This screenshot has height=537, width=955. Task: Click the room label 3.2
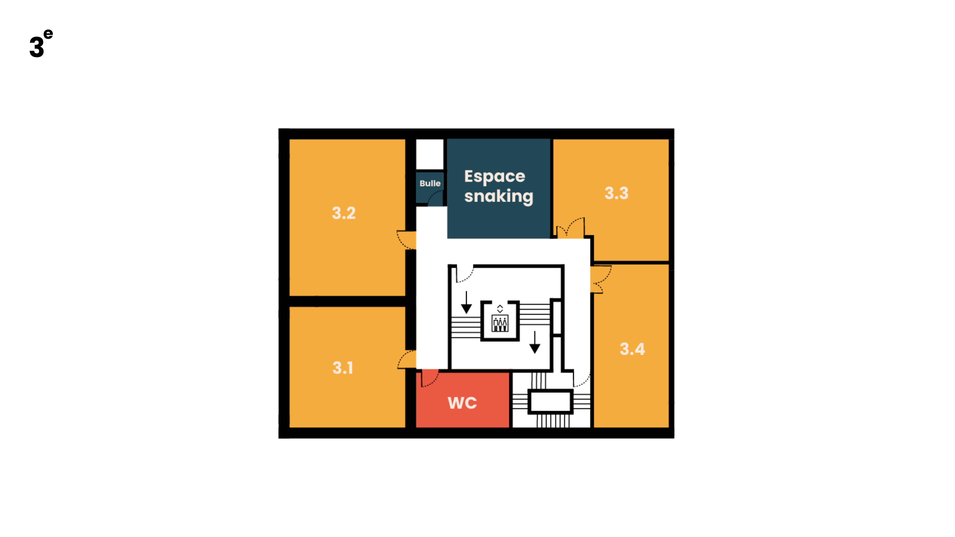(344, 213)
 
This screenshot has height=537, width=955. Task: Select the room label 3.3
(616, 193)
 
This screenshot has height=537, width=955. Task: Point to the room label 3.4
(632, 349)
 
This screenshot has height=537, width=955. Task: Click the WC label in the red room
(462, 403)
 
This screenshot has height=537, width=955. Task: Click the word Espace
(495, 177)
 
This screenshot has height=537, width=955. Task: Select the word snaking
(499, 196)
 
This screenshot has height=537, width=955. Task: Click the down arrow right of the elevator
(535, 342)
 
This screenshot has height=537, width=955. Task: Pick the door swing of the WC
(430, 378)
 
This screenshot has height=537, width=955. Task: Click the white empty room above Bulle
(430, 154)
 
